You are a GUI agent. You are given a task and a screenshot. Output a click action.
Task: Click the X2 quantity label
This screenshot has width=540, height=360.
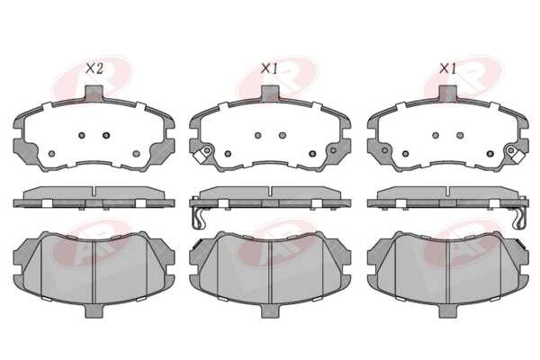coord(94,69)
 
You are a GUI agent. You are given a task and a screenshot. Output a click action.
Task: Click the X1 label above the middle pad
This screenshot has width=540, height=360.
coord(269,69)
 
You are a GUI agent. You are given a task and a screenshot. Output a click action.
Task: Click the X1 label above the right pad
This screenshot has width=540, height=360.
coord(447,69)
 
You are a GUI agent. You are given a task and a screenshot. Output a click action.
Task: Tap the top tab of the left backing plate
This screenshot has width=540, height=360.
coord(94,93)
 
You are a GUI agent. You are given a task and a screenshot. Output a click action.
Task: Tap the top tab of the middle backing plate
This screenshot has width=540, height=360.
coord(270,93)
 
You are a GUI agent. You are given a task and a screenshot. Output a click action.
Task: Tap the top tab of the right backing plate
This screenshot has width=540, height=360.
coord(447,93)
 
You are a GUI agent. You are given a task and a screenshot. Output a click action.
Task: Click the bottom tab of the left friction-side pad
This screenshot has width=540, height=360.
coord(94,311)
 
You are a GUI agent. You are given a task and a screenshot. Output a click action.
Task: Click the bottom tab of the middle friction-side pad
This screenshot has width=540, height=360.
coord(270,311)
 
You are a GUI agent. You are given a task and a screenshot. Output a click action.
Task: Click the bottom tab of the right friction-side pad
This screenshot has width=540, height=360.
coord(447,311)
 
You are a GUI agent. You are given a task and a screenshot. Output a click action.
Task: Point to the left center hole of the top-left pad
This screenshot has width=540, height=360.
coord(82,135)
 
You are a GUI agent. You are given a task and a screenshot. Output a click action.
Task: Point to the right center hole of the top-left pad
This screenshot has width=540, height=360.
coord(106,135)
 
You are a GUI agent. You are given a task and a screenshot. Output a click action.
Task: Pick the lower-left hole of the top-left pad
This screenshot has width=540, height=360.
coord(51,154)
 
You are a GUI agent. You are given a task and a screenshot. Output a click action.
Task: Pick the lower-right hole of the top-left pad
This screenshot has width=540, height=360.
coord(137,154)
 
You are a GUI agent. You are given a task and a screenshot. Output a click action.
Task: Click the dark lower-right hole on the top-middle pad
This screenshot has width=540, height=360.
coord(312,154)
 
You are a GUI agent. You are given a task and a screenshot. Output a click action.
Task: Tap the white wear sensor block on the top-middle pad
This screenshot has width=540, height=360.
coord(200,157)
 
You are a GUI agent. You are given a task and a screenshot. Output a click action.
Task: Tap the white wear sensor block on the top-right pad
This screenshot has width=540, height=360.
coord(517,157)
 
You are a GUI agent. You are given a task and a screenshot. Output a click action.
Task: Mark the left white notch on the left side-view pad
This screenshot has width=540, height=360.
coord(47,203)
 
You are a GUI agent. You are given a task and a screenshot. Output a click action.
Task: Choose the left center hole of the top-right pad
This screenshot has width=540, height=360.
coord(436,135)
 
